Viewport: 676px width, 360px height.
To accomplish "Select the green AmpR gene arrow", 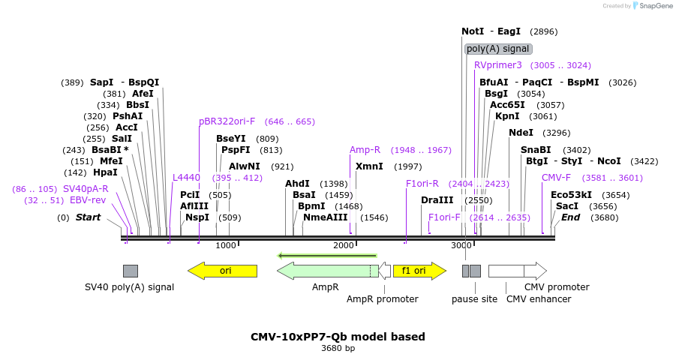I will (326, 271).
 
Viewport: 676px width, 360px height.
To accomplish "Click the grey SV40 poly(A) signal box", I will (131, 271).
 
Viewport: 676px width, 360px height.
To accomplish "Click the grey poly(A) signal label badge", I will (498, 49).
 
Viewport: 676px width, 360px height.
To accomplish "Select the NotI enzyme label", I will (473, 31).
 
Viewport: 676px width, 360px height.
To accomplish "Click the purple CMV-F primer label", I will (556, 178).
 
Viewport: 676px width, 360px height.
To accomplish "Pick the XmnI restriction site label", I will (369, 166).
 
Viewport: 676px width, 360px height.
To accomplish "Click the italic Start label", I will (88, 217).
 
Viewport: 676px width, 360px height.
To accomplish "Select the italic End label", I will (570, 217).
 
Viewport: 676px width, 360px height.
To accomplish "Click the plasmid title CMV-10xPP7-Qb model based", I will (338, 337).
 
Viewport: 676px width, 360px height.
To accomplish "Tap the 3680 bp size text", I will (338, 349).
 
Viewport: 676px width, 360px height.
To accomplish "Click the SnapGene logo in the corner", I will (651, 6).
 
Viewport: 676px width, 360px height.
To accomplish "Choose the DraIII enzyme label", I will (437, 200).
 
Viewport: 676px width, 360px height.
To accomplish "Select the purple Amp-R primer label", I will (365, 150).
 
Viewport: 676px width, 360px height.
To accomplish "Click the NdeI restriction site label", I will (521, 133).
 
